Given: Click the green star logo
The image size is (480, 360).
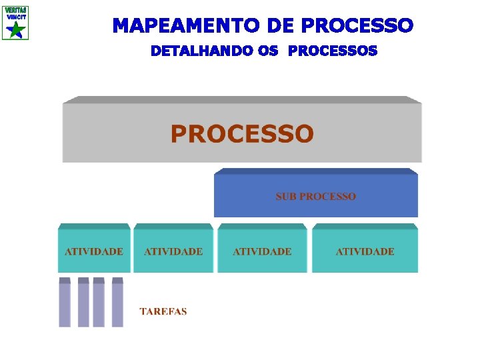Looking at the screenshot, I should click(x=15, y=30).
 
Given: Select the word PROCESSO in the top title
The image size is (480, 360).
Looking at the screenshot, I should click(x=357, y=26).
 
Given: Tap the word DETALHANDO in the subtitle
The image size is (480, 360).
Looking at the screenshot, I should click(x=204, y=51).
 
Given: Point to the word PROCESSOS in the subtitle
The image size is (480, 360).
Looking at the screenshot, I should click(x=334, y=51).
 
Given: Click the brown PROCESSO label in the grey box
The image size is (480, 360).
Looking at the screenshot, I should click(x=241, y=134).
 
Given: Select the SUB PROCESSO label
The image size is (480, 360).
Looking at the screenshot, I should click(x=316, y=197).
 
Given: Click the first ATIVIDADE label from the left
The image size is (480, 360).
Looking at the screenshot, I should click(x=94, y=251).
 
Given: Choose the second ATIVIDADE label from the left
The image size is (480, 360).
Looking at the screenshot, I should click(x=173, y=251).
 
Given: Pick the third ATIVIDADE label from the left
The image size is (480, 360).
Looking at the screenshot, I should click(x=262, y=251).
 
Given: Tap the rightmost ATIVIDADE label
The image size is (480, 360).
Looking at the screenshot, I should click(x=365, y=251).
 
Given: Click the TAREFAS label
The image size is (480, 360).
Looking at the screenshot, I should click(x=163, y=311).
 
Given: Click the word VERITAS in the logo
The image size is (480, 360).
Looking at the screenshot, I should click(x=15, y=10).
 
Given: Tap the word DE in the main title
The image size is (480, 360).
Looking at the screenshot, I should click(x=282, y=26).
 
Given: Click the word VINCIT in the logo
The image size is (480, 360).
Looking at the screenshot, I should click(x=15, y=17).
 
